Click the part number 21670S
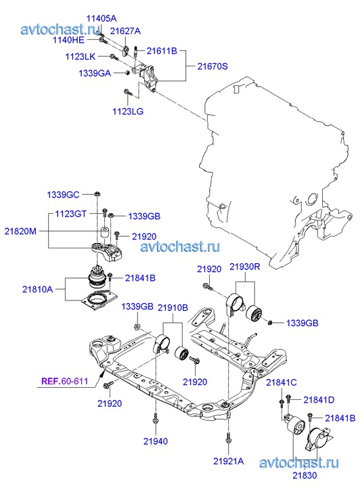coord(212,66)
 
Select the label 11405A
coord(102,18)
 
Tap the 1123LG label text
coord(128,111)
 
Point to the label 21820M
coord(20,231)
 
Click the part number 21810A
coord(37,289)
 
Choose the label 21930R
coord(245,267)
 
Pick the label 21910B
coord(173,307)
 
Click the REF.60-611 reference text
coord(65,381)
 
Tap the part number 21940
coord(156,441)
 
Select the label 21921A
coord(229,461)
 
